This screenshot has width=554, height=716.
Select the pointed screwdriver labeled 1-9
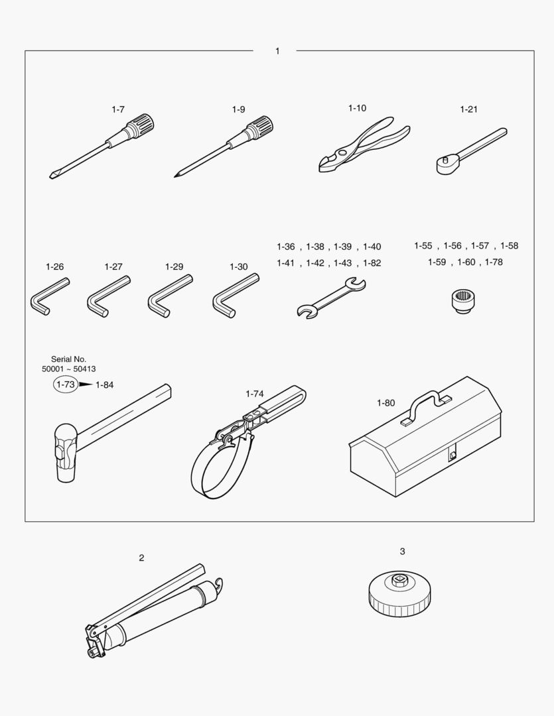224,146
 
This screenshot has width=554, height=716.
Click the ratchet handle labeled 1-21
471,150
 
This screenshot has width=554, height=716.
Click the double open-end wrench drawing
331,298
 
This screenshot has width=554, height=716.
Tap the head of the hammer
66,452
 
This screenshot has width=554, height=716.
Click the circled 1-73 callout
65,385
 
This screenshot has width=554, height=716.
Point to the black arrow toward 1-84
86,385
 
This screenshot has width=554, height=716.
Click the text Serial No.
68,359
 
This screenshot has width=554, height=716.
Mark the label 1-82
372,263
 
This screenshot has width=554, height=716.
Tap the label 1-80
385,403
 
